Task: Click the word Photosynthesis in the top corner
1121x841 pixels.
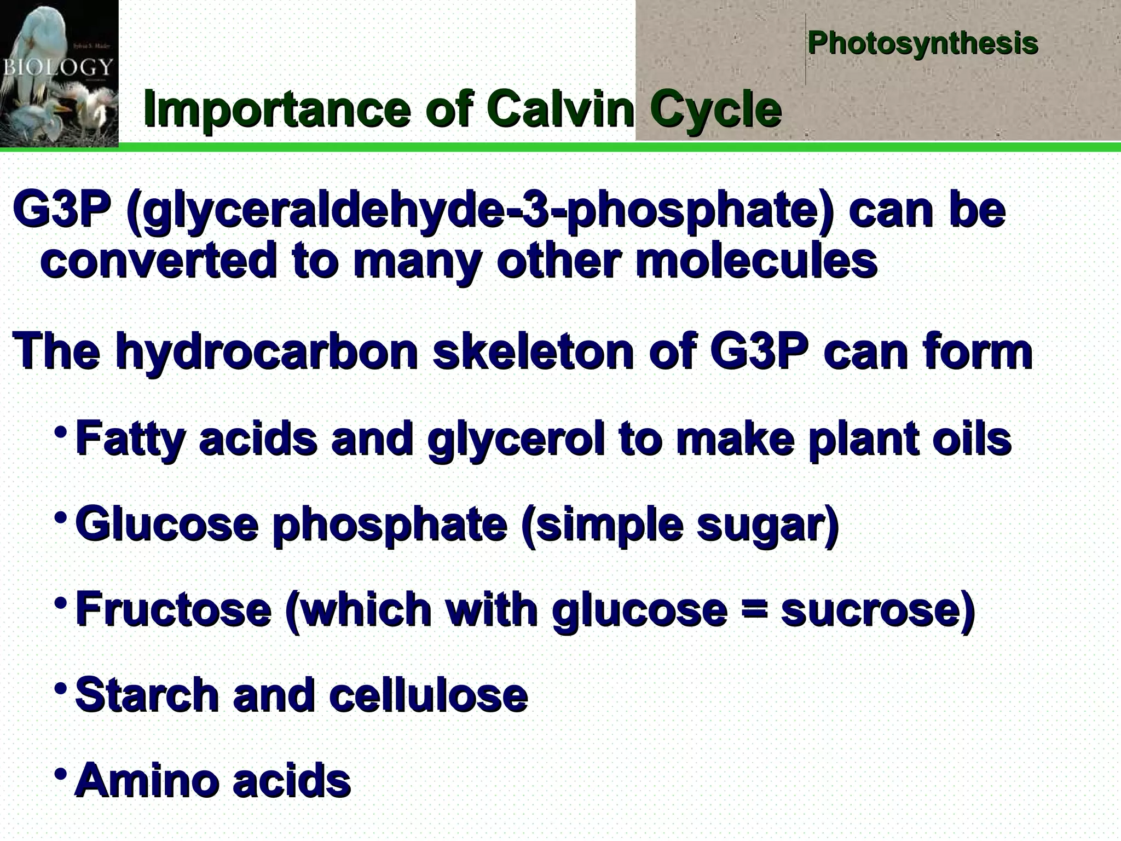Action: point(922,43)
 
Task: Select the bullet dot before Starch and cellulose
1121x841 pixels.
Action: point(63,687)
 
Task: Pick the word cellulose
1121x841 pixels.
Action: point(429,694)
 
